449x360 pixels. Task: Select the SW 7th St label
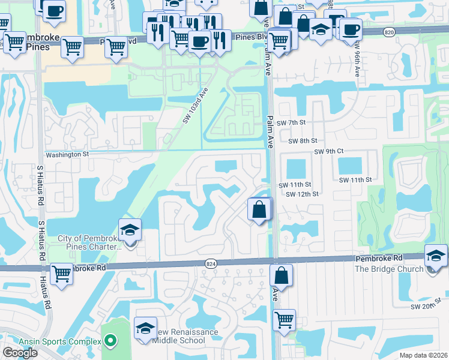tap(292, 122)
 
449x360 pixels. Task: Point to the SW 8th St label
tap(303, 141)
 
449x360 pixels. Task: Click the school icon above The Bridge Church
tap(435, 256)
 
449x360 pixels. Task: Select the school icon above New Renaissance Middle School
tap(145, 328)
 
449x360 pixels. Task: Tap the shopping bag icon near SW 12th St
tap(259, 209)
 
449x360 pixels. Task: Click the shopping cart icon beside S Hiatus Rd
tap(62, 274)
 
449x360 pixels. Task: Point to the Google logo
tap(20, 352)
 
